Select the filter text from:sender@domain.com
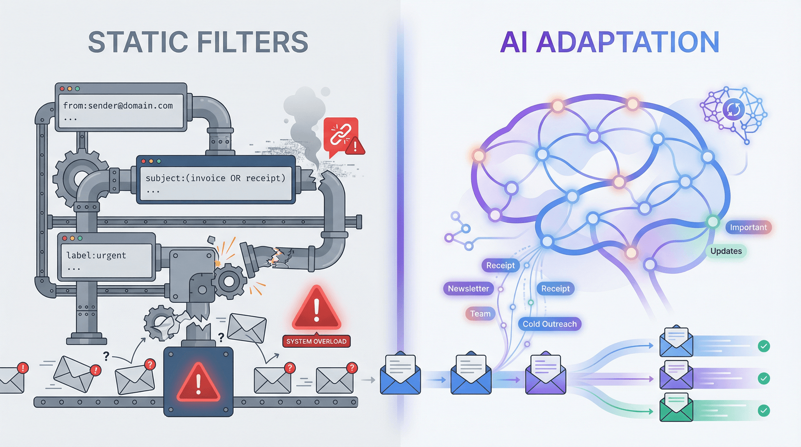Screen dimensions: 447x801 pos(118,106)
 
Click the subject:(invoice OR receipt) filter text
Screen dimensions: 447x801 pos(215,178)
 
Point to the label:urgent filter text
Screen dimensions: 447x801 pos(96,256)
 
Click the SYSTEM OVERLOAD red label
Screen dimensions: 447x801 pos(316,342)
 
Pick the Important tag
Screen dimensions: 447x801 pos(748,227)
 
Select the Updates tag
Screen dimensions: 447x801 pos(726,251)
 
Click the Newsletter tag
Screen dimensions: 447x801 pos(468,289)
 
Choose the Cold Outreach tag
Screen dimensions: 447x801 pos(549,324)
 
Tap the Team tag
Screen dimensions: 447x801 pos(480,314)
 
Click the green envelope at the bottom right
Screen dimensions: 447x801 pos(676,408)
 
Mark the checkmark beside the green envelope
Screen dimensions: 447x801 pos(763,411)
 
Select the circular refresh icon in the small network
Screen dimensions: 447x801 pos(733,110)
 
